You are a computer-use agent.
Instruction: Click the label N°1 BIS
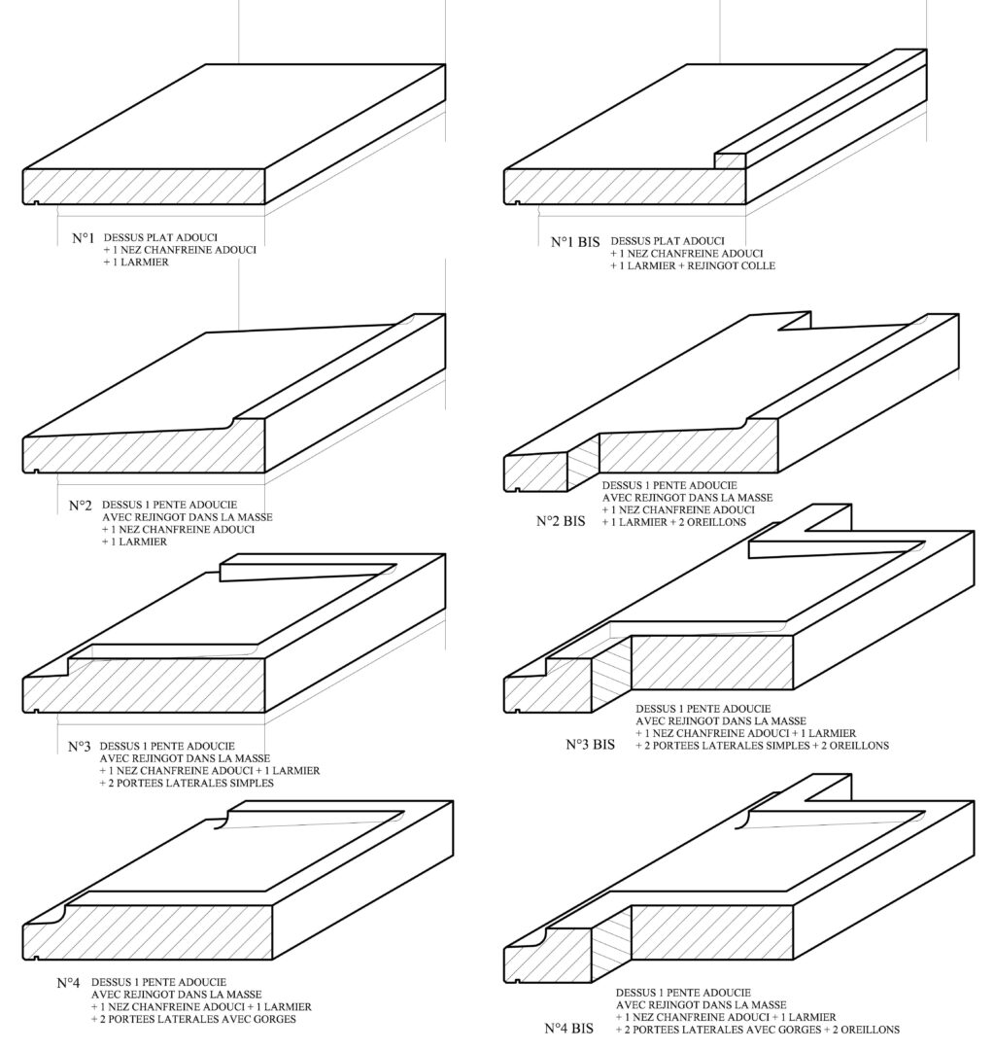(575, 242)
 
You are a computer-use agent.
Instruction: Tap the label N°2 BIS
(561, 521)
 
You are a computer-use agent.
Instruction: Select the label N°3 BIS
(590, 744)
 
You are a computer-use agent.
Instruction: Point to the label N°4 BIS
(568, 1028)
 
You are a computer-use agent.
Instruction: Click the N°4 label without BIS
(68, 983)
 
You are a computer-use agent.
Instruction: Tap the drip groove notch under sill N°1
(35, 203)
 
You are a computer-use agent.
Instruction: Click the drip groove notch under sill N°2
(35, 471)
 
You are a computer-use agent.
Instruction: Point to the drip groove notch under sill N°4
(35, 959)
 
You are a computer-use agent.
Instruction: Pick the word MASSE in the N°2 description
(255, 517)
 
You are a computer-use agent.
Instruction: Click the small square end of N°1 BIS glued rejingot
(730, 160)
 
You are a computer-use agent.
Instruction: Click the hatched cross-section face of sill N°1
(144, 186)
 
